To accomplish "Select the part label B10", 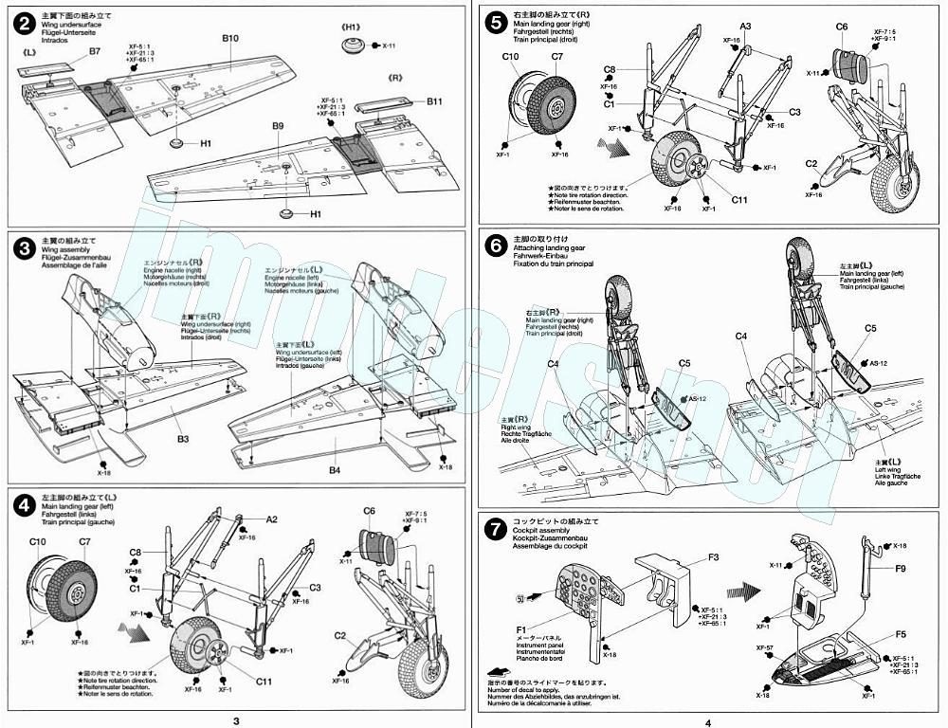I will [230, 39].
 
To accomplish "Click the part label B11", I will [434, 101].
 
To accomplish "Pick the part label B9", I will [278, 126].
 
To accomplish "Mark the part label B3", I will [183, 440].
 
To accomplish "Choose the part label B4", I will [334, 470].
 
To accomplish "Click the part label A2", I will [271, 519].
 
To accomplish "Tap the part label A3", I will [745, 26].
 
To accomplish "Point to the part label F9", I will [900, 569].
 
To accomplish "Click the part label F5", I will [900, 634].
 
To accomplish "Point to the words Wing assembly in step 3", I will [64, 249].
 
